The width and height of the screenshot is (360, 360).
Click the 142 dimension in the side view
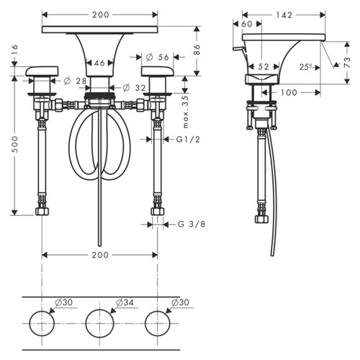tap(284, 15)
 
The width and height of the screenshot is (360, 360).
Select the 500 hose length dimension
tap(15, 144)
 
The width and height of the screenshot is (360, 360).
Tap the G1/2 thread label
tap(188, 139)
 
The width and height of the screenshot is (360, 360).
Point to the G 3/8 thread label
tap(192, 224)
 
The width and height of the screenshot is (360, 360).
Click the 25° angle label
tap(305, 67)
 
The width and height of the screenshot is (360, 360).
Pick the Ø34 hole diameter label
tap(125, 302)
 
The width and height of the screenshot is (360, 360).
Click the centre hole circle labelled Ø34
tap(99, 323)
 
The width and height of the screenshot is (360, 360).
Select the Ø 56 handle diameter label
tap(157, 57)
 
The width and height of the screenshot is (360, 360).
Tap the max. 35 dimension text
tap(186, 112)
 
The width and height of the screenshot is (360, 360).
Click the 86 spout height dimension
tap(197, 50)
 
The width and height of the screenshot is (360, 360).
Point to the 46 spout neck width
tap(99, 63)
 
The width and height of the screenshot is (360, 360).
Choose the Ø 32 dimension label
tap(134, 88)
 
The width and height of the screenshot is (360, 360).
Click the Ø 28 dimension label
tap(75, 81)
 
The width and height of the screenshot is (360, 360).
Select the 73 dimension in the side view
tap(347, 63)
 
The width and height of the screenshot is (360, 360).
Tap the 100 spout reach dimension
tap(289, 92)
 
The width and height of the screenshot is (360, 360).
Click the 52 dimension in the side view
tap(264, 67)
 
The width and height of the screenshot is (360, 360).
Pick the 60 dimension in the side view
tap(246, 24)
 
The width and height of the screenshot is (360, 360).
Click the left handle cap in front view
tap(42, 71)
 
